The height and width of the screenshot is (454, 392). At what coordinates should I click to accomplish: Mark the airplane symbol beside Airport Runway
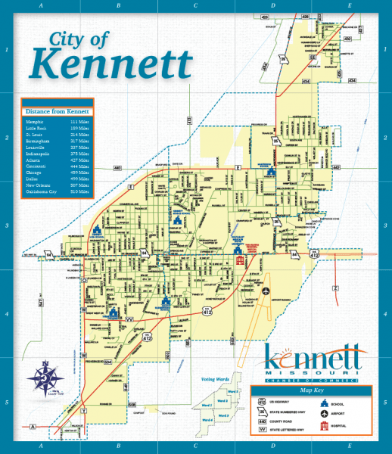266,289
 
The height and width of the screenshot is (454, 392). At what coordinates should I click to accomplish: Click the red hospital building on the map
241,260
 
